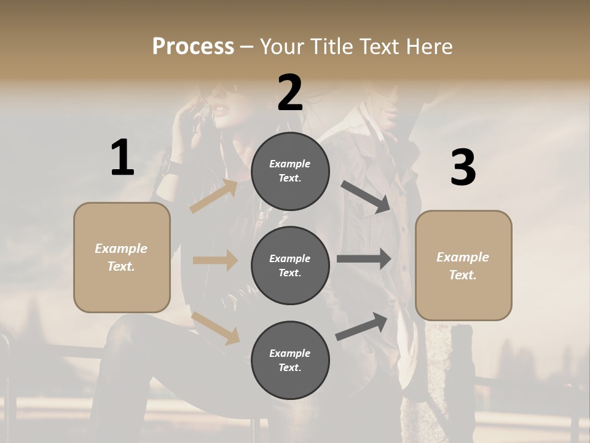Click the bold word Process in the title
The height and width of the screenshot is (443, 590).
coord(193,46)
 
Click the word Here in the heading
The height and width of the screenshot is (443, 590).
coord(428,46)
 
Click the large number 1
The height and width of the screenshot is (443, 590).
coord(122,158)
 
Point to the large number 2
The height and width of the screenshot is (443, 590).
coord(290,92)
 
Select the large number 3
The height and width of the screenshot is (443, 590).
coord(463,167)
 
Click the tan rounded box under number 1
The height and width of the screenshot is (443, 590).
coord(122,257)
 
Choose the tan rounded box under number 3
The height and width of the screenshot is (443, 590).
coord(463,266)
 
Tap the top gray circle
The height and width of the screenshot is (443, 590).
coord(290,171)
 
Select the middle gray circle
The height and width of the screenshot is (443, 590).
coord(290,265)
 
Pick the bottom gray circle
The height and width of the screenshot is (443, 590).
coord(290,360)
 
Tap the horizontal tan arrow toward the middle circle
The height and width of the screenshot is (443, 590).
coord(214,260)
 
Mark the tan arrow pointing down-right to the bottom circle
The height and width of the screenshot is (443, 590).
coord(216,328)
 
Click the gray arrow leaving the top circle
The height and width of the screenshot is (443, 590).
coord(366,197)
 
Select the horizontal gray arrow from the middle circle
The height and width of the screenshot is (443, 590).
coord(363,259)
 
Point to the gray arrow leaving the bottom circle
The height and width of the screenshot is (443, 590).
coord(361,327)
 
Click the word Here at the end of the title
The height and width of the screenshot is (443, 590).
coord(428,46)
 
